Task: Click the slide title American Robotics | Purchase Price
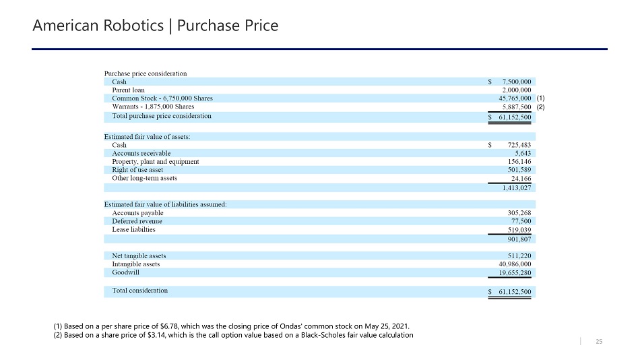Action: click(156, 26)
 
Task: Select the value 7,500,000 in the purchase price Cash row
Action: click(517, 82)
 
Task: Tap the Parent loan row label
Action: click(128, 90)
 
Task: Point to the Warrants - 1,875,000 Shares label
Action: click(153, 107)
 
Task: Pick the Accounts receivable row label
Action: click(141, 153)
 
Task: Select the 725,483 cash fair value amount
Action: click(517, 145)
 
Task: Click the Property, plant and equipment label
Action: click(155, 162)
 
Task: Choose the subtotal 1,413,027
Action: click(517, 189)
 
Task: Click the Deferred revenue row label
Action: click(137, 221)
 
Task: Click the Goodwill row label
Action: click(126, 272)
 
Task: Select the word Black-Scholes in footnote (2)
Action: click(331, 336)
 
